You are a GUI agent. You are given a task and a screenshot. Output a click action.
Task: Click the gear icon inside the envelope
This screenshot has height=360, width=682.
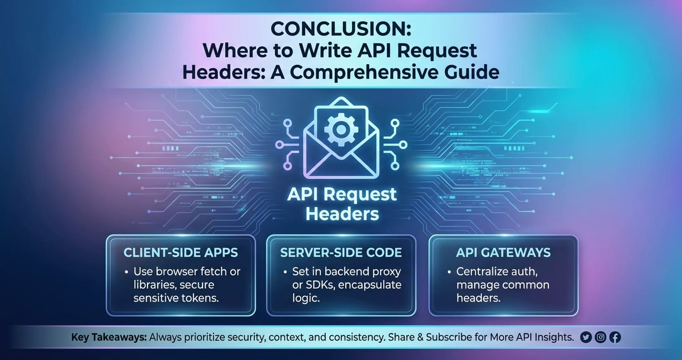[341, 129]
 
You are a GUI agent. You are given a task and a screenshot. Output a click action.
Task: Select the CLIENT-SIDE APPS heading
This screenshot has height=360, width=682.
[181, 253]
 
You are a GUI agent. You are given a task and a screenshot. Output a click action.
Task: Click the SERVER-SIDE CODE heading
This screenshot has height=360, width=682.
[341, 253]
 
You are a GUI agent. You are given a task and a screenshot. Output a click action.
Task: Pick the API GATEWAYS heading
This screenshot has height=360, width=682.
[503, 253]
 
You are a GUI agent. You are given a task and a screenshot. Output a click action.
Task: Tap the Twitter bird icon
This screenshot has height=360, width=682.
[586, 337]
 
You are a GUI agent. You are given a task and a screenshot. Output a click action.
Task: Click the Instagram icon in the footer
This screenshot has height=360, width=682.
[601, 337]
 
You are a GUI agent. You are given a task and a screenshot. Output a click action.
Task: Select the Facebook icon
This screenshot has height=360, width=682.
[615, 337]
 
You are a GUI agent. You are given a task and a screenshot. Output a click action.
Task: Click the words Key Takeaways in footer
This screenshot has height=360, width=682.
[109, 337]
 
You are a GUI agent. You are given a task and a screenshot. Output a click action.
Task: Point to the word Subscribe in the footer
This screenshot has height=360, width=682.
[449, 337]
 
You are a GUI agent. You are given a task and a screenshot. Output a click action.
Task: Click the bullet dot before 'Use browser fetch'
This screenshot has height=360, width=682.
[126, 272]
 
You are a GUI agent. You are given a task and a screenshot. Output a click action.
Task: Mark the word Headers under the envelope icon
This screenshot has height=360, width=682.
[342, 214]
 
